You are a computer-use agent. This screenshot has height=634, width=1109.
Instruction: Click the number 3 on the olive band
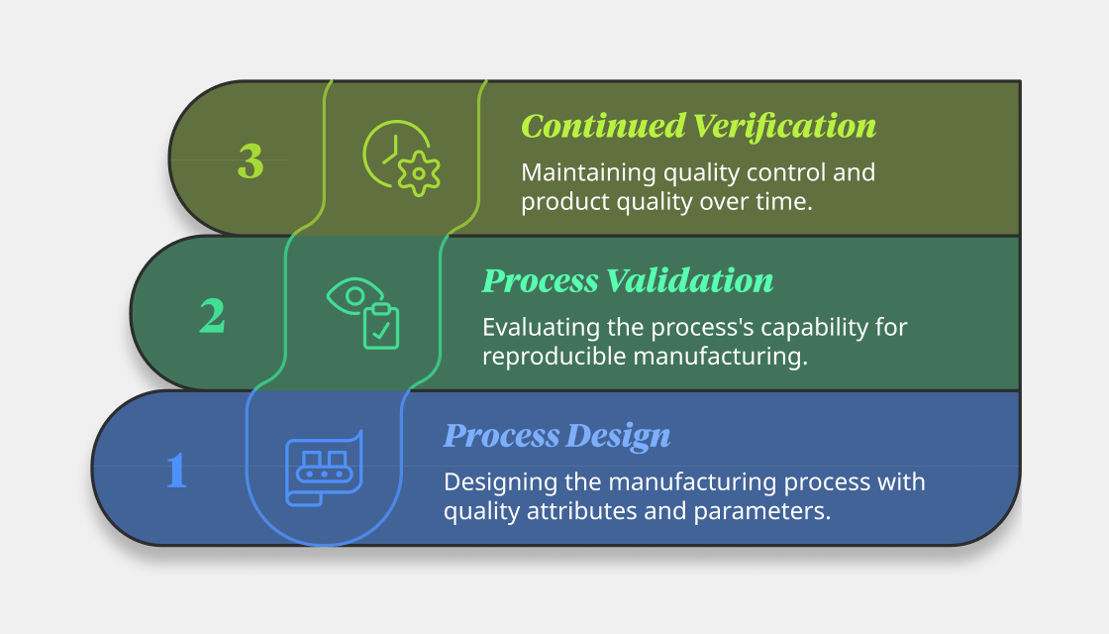coord(251,161)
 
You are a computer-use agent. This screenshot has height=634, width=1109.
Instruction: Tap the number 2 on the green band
coord(212,316)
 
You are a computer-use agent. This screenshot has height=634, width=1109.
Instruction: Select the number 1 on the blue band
coord(176,471)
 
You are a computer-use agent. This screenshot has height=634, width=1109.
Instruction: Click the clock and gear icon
coord(401,158)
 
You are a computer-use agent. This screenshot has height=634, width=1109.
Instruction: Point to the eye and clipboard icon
coord(362,313)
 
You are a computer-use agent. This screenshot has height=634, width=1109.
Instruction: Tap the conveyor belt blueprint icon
coord(324,468)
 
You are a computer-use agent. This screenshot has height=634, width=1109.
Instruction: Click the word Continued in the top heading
coord(603,126)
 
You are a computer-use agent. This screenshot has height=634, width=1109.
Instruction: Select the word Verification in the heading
coord(784,126)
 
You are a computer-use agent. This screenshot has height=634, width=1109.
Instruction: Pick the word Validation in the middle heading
coord(689,280)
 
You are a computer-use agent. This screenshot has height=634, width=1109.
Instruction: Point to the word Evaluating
coord(541,328)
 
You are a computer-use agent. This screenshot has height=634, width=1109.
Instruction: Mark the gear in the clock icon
coord(419,173)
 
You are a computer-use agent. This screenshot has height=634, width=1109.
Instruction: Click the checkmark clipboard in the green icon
coord(381,326)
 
